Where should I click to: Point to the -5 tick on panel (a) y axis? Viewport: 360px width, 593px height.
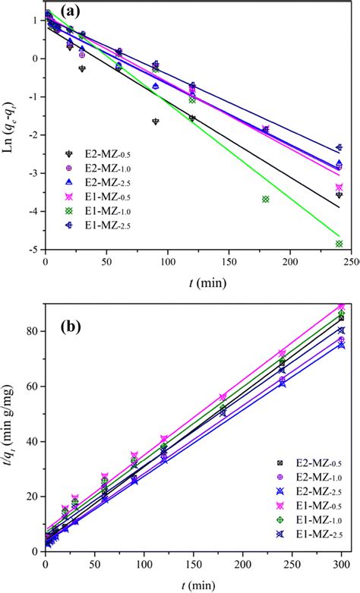[30, 249]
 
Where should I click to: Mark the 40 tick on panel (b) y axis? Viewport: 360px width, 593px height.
[30, 441]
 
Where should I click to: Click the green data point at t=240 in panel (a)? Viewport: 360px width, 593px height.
[339, 244]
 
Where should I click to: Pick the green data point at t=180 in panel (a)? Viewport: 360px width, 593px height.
[266, 199]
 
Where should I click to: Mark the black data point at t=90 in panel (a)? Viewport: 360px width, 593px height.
[156, 121]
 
